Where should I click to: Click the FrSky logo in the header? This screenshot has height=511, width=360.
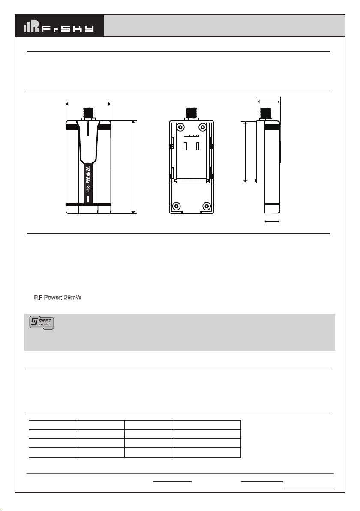pyautogui.click(x=59, y=27)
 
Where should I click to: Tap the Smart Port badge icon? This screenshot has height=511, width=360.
pyautogui.click(x=42, y=322)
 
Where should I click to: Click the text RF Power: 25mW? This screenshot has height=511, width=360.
pyautogui.click(x=58, y=297)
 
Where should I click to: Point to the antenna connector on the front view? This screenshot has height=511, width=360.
pyautogui.click(x=88, y=114)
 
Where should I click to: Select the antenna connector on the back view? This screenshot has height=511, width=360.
pyautogui.click(x=191, y=114)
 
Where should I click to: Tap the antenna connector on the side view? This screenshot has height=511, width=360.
pyautogui.click(x=266, y=114)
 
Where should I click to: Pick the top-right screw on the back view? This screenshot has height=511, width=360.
pyautogui.click(x=203, y=127)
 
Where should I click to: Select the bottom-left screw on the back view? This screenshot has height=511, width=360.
pyautogui.click(x=177, y=206)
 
